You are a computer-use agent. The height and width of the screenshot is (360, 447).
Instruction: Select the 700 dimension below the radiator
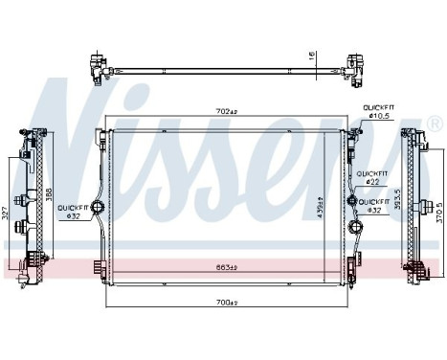point(226,303)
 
